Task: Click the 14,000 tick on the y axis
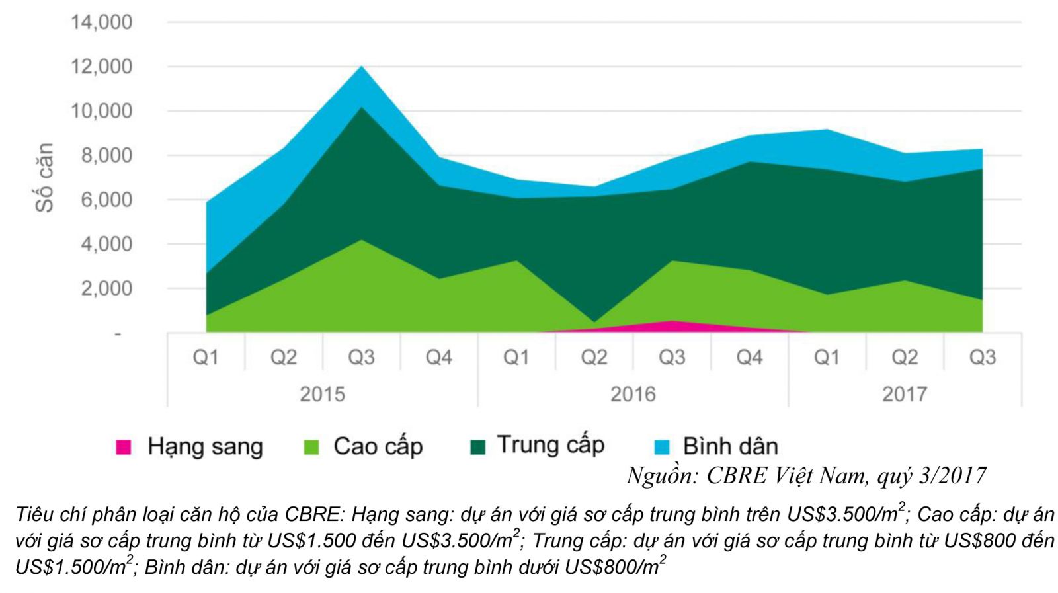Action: (101, 22)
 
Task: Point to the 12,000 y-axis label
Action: (101, 67)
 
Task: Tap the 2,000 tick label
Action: (106, 289)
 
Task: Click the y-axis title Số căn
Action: (44, 177)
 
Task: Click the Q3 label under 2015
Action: (361, 358)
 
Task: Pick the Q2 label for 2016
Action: (594, 358)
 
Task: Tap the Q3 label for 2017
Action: (982, 358)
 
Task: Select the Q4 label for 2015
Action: (438, 358)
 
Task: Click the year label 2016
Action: (633, 395)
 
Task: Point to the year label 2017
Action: (904, 395)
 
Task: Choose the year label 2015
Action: (322, 395)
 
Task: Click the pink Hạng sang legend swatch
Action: (124, 448)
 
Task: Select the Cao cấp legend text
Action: (378, 447)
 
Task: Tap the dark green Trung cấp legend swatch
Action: (477, 448)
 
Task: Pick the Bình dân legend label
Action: (730, 447)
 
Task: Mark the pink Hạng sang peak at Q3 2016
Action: (672, 325)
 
